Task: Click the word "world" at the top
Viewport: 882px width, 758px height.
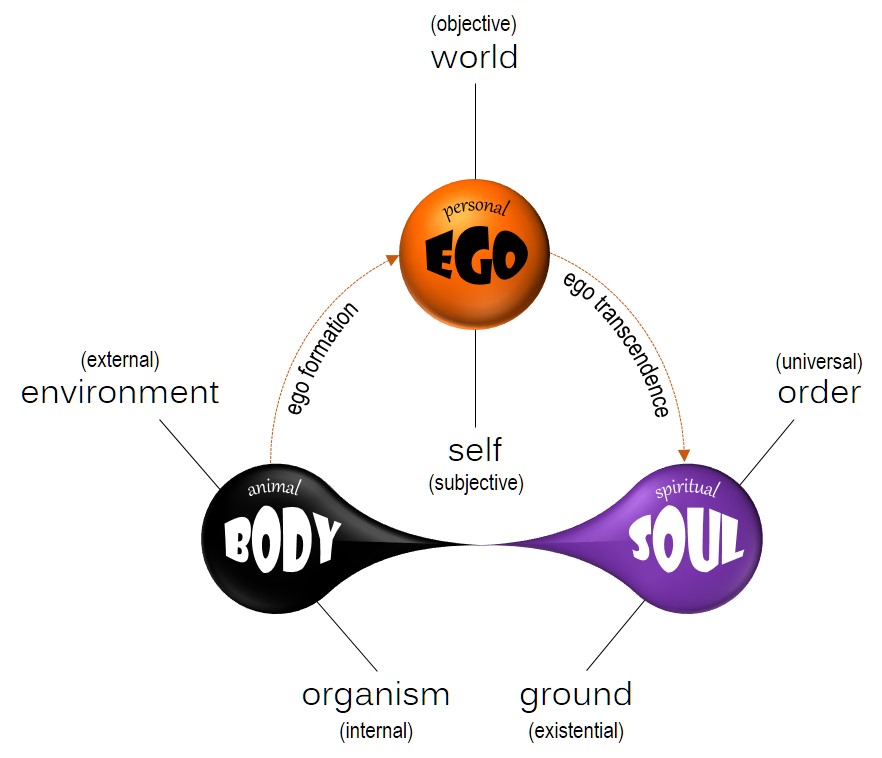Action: click(x=474, y=57)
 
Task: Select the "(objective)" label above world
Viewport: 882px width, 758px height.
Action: click(x=475, y=22)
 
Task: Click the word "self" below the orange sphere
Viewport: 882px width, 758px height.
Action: click(x=475, y=448)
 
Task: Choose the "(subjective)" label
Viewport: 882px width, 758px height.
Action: click(x=476, y=483)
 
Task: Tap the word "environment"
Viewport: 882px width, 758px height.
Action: click(x=120, y=392)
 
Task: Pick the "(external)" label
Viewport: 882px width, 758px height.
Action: click(x=120, y=359)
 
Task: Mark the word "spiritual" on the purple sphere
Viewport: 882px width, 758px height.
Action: click(x=687, y=490)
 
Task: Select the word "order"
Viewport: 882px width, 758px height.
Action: click(x=819, y=392)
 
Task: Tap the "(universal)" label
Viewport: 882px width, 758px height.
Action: click(x=819, y=361)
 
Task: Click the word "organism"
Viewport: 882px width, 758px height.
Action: click(x=376, y=694)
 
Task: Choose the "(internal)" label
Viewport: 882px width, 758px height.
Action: click(x=376, y=730)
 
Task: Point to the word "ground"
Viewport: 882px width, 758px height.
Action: click(x=576, y=694)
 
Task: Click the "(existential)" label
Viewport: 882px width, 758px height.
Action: click(x=576, y=730)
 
